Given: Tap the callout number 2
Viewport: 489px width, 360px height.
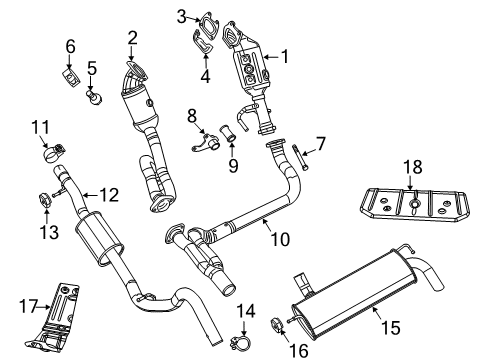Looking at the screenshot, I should pos(131,38).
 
